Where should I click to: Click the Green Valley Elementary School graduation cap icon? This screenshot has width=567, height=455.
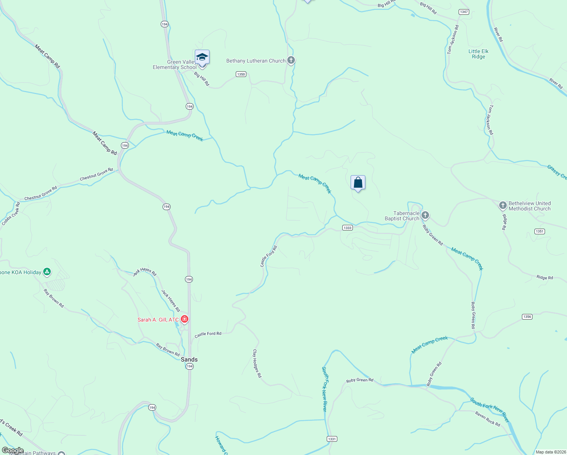[x=202, y=57]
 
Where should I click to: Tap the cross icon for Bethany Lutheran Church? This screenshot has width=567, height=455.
[x=291, y=60]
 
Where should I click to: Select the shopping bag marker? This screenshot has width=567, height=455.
[x=358, y=183]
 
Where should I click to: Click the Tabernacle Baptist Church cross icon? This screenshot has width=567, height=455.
[x=425, y=216]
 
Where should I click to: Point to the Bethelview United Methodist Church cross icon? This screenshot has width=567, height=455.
[x=503, y=206]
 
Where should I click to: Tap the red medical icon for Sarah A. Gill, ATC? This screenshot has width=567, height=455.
[x=185, y=319]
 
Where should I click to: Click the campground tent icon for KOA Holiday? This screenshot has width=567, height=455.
[x=47, y=272]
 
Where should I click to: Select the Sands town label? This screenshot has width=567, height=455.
[x=189, y=359]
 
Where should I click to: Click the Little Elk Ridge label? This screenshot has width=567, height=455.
[x=478, y=54]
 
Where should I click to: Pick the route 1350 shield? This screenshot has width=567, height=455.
[x=241, y=74]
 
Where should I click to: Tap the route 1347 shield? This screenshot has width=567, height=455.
[x=464, y=12]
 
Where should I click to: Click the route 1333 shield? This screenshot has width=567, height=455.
[x=347, y=228]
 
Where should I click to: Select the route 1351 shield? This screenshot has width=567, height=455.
[x=540, y=231]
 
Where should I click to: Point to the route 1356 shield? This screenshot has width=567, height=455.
[x=527, y=317]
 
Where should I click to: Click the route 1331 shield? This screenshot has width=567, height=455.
[x=332, y=439]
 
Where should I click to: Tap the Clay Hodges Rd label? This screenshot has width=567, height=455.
[x=257, y=363]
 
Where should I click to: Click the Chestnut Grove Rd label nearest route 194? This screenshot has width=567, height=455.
[x=96, y=174]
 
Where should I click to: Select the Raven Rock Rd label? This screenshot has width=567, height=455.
[x=487, y=419]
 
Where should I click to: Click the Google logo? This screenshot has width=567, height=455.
[x=13, y=450]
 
